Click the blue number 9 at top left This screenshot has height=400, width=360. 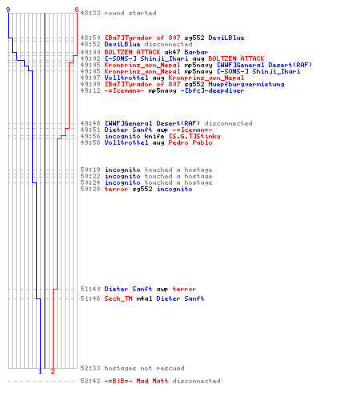(8, 10)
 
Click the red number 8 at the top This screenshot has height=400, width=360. (77, 10)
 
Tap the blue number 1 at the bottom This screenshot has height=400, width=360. (40, 371)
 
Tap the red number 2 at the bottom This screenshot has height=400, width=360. (53, 371)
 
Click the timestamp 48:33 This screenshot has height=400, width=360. (90, 13)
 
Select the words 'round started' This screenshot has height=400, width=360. (130, 13)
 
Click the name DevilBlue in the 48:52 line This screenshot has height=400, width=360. (122, 44)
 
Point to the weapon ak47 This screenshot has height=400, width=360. (172, 52)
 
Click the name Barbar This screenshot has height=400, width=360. (196, 52)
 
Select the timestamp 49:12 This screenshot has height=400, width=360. (90, 90)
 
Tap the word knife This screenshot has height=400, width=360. (154, 136)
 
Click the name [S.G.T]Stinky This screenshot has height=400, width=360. (194, 136)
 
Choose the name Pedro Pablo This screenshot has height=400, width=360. (190, 142)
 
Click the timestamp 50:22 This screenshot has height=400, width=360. (90, 176)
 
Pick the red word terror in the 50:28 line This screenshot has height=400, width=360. (116, 189)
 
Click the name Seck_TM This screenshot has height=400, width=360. (118, 298)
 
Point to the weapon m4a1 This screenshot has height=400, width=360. (144, 298)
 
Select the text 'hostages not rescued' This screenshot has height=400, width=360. (144, 368)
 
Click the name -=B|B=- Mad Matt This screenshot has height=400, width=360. (136, 381)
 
